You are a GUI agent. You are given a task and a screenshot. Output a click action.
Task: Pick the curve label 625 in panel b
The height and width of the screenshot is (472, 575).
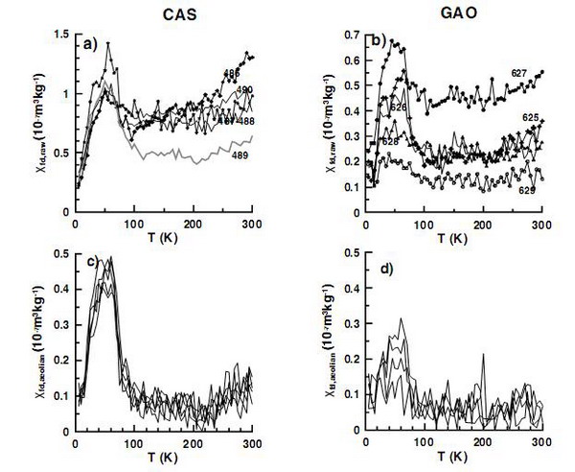tap(529, 117)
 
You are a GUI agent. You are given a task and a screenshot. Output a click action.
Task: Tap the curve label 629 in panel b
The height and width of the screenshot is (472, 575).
tap(527, 190)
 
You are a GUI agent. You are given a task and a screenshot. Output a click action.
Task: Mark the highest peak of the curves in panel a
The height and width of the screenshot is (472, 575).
tap(108, 43)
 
